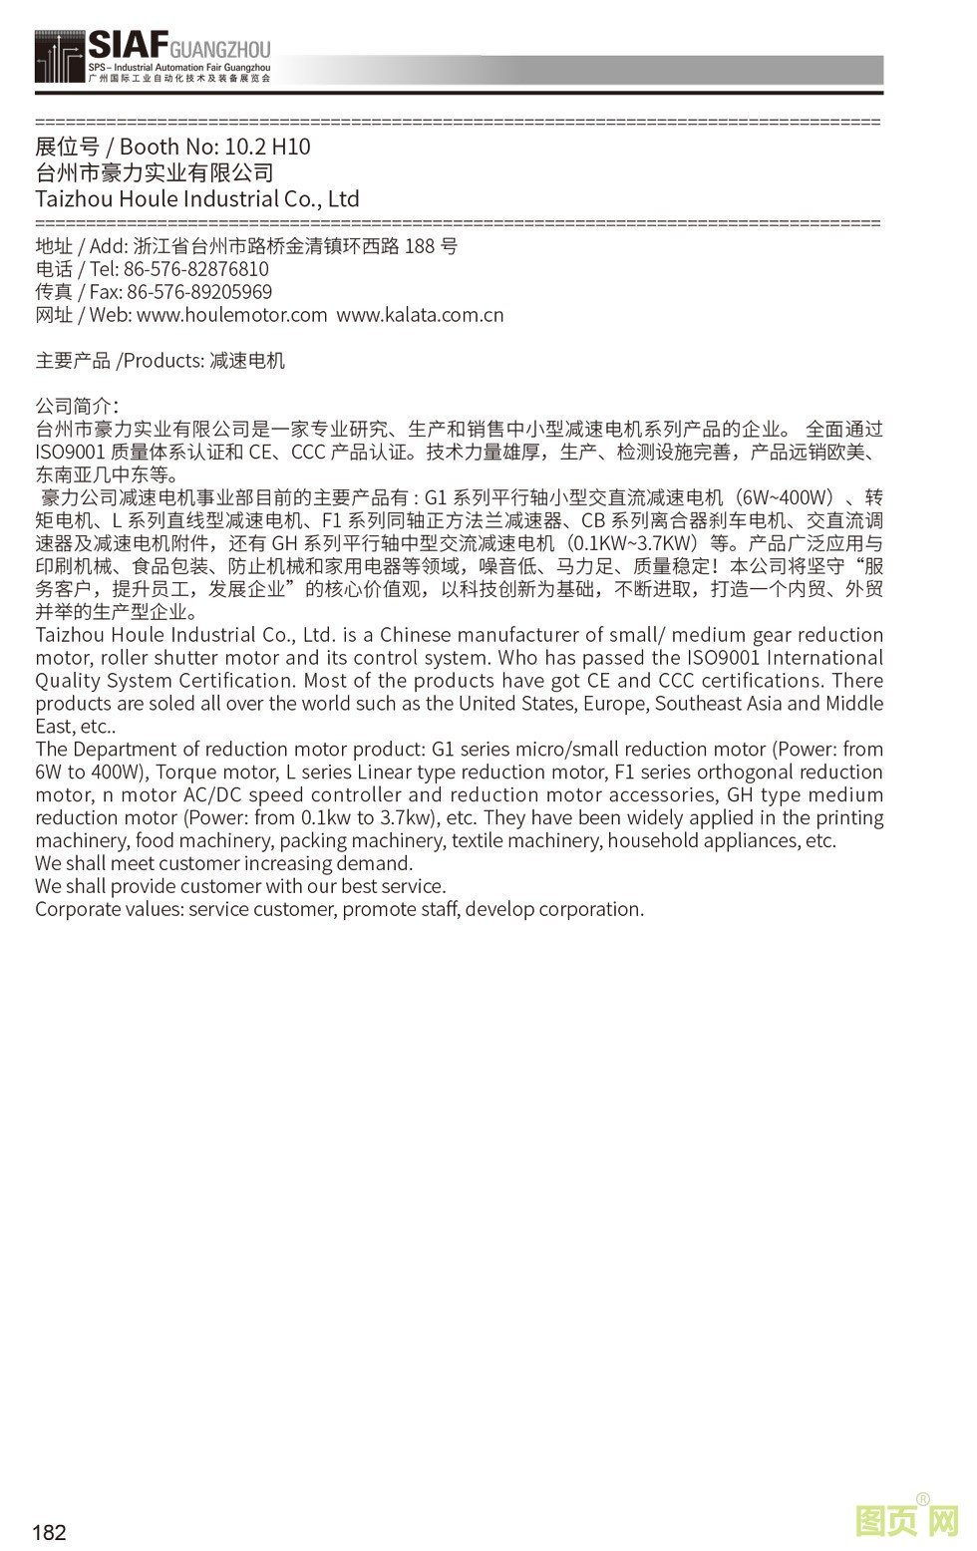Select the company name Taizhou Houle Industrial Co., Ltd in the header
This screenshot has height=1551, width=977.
[x=197, y=199]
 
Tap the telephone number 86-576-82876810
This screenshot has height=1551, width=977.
[x=195, y=269]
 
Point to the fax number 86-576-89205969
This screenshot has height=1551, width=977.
[x=199, y=292]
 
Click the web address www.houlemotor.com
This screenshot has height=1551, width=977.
[x=231, y=315]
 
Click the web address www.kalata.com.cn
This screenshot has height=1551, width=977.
[x=420, y=315]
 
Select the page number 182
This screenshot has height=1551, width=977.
[x=49, y=1532]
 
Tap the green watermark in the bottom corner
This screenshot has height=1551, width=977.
[x=906, y=1521]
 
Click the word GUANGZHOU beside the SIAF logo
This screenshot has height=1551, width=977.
[x=220, y=49]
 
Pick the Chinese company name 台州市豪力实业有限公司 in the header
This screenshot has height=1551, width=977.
[x=155, y=172]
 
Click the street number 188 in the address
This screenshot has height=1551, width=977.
[x=419, y=246]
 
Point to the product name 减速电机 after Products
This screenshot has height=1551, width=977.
[x=246, y=361]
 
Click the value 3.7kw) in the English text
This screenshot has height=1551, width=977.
[x=409, y=817]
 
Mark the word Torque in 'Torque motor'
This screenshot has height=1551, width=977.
[x=189, y=772]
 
